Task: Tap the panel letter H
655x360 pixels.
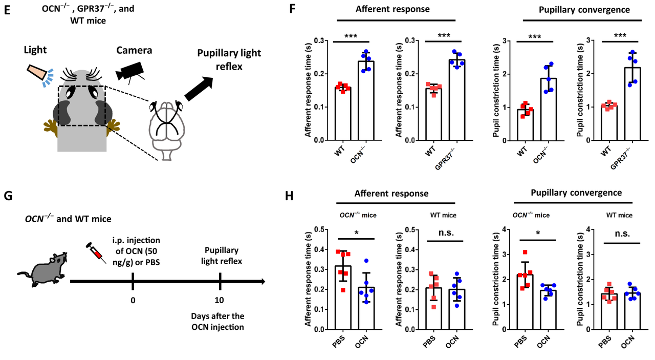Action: [x=289, y=196]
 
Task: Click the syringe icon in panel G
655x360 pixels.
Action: [x=96, y=253]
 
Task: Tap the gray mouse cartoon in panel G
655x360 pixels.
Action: [x=42, y=269]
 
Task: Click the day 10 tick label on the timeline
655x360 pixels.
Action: [x=220, y=300]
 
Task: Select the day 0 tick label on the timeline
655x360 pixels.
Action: [x=133, y=301]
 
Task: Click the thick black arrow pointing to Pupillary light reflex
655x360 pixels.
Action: [x=199, y=89]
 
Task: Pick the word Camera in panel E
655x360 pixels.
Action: [x=134, y=50]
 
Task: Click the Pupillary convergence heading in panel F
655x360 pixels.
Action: [x=584, y=10]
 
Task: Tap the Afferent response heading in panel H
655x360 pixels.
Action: [x=391, y=194]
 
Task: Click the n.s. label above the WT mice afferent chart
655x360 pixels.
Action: [x=446, y=233]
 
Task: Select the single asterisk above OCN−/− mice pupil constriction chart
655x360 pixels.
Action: [x=538, y=233]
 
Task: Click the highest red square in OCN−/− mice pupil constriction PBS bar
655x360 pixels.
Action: [x=525, y=252]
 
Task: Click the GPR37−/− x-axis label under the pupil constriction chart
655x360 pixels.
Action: [x=621, y=158]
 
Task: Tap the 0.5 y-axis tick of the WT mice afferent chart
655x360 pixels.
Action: [x=409, y=230]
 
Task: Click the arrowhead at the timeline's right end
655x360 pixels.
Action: [x=263, y=282]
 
